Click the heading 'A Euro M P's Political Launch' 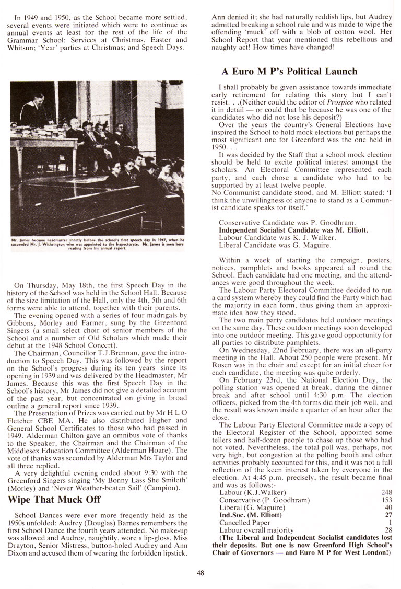[x=289, y=72]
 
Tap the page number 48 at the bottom [x=200, y=572]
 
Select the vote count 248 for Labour [x=386, y=492]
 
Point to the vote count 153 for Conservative [x=386, y=500]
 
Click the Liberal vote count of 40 [x=388, y=507]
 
